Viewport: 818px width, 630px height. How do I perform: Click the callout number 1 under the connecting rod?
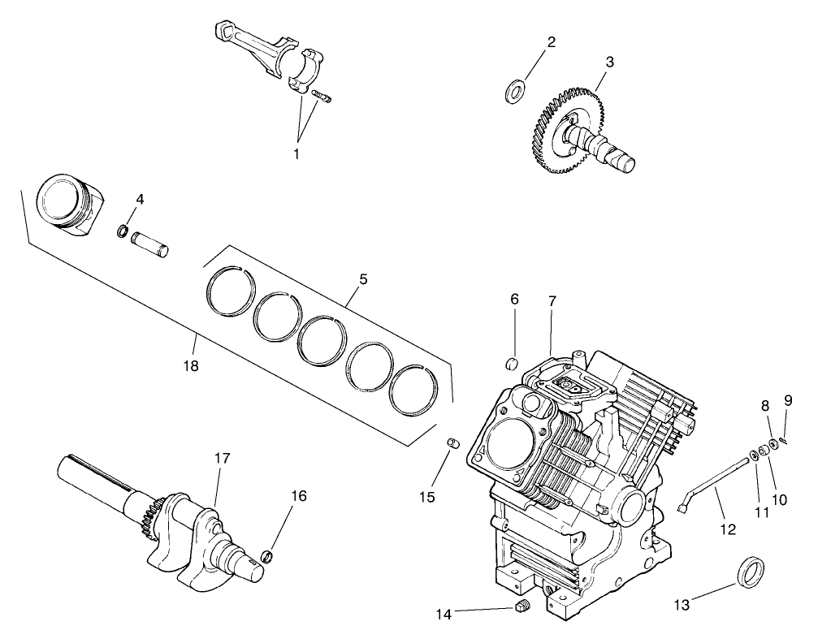(296, 153)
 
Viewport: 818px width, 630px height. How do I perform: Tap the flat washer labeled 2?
(515, 90)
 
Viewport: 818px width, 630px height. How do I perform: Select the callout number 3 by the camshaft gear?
(609, 62)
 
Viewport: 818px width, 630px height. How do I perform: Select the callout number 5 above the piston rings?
(362, 278)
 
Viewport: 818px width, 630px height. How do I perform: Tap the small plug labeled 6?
(513, 363)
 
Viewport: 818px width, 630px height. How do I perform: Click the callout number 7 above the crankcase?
(552, 301)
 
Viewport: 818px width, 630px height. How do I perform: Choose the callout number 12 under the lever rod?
(727, 529)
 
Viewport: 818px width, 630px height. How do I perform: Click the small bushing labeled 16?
(266, 556)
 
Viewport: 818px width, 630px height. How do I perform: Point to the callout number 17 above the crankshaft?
(222, 459)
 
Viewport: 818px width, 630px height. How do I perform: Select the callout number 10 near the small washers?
(780, 500)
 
